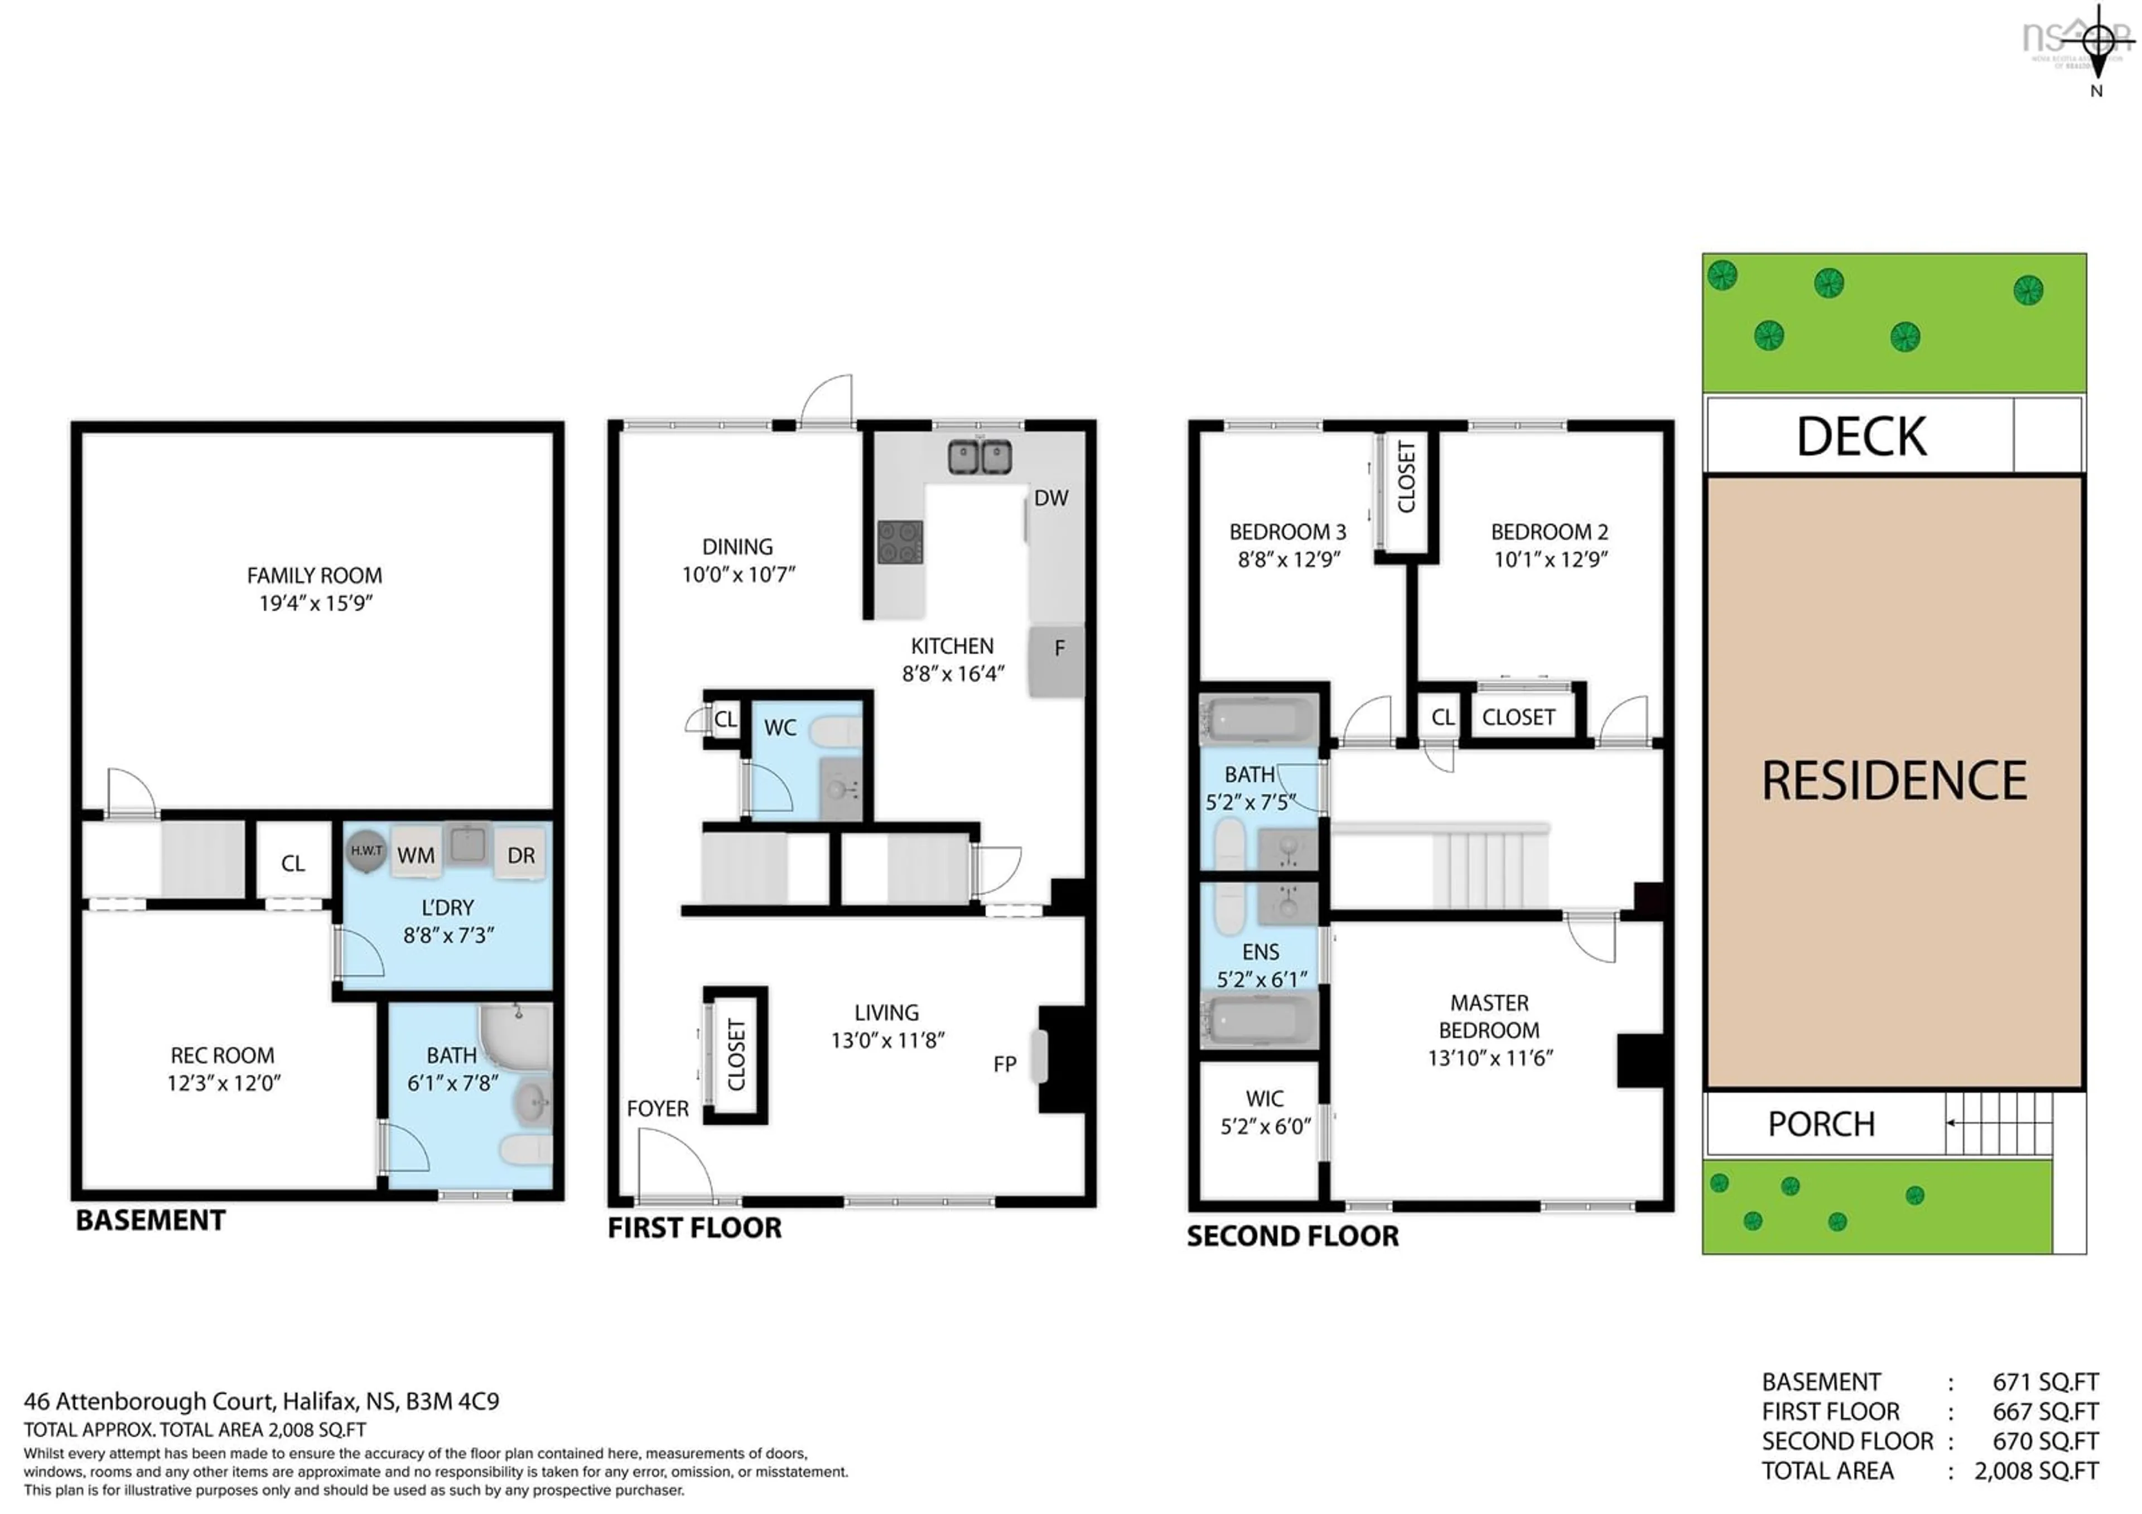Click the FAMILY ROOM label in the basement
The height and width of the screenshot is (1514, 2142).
pyautogui.click(x=315, y=576)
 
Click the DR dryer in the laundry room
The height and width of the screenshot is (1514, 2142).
pyautogui.click(x=520, y=855)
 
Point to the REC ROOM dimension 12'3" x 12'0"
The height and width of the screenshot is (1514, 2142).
pyautogui.click(x=224, y=1083)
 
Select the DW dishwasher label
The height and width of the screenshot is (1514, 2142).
pyautogui.click(x=1050, y=498)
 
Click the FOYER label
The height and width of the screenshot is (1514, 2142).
pyautogui.click(x=658, y=1108)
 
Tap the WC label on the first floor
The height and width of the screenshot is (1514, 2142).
pyautogui.click(x=780, y=727)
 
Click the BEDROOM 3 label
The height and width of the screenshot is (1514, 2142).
pyautogui.click(x=1287, y=532)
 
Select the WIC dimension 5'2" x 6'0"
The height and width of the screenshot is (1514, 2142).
pyautogui.click(x=1265, y=1126)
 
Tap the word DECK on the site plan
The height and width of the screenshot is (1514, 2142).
pyautogui.click(x=1861, y=437)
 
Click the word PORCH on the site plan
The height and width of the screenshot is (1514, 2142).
pyautogui.click(x=1821, y=1124)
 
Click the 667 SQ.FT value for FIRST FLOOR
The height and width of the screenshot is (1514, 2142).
pyautogui.click(x=2045, y=1411)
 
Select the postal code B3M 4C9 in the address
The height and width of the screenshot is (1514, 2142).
pyautogui.click(x=452, y=1401)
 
